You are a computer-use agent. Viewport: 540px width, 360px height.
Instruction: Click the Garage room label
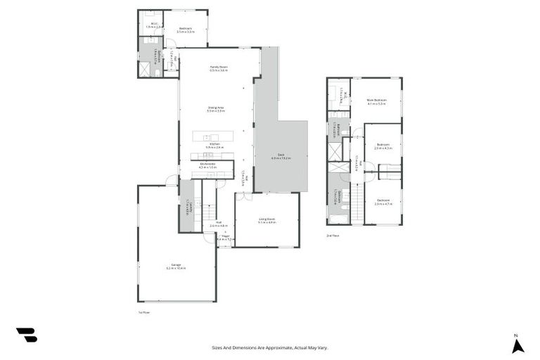click(x=176, y=266)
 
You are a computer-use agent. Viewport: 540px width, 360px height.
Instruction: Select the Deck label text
click(x=281, y=156)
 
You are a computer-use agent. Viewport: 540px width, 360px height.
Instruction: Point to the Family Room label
click(x=219, y=68)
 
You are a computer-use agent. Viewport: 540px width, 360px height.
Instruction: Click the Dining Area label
click(x=215, y=109)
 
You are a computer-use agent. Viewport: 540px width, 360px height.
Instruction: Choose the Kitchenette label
click(x=207, y=165)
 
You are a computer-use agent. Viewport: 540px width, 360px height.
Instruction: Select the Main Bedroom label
click(x=377, y=101)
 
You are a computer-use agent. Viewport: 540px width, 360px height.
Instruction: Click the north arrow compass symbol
click(x=517, y=344)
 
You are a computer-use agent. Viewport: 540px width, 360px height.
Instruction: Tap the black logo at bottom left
click(x=26, y=335)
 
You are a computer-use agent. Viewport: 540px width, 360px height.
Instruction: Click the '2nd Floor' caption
click(x=333, y=236)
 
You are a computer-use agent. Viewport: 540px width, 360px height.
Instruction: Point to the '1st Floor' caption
click(x=143, y=311)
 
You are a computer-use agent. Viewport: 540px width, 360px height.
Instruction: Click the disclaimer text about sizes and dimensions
click(x=270, y=347)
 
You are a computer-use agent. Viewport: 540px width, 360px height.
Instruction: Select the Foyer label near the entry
click(x=225, y=238)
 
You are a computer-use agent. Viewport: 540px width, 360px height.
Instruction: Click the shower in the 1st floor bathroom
click(x=146, y=69)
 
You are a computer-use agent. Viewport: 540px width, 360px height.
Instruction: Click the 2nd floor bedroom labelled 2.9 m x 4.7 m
click(x=383, y=202)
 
